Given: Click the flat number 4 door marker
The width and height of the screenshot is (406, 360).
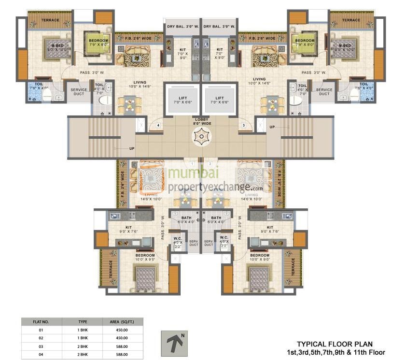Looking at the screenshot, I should pos(158,126).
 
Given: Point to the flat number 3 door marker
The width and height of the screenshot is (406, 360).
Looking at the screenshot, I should pos(244,126).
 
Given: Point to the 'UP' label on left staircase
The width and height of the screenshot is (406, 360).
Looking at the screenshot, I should pos(131,148).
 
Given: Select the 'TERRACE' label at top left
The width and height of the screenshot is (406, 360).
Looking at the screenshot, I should pos(50,20).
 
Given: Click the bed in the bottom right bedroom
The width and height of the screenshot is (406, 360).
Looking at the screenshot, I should pos(259,279).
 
